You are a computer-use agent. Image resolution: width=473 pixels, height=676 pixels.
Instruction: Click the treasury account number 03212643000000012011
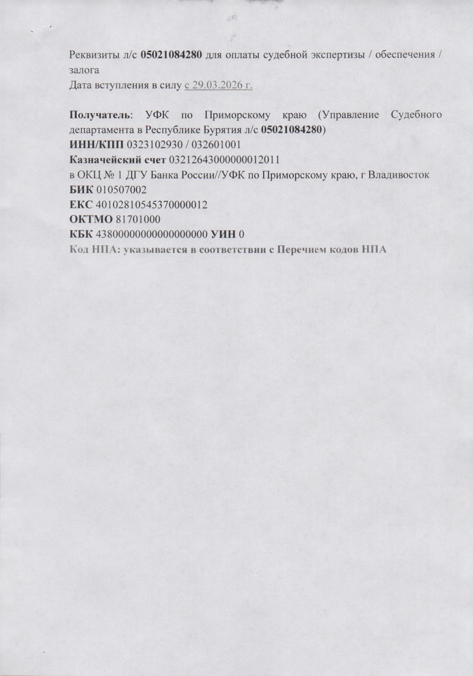point(224,160)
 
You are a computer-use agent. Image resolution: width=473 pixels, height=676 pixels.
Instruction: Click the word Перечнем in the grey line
point(297,250)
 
